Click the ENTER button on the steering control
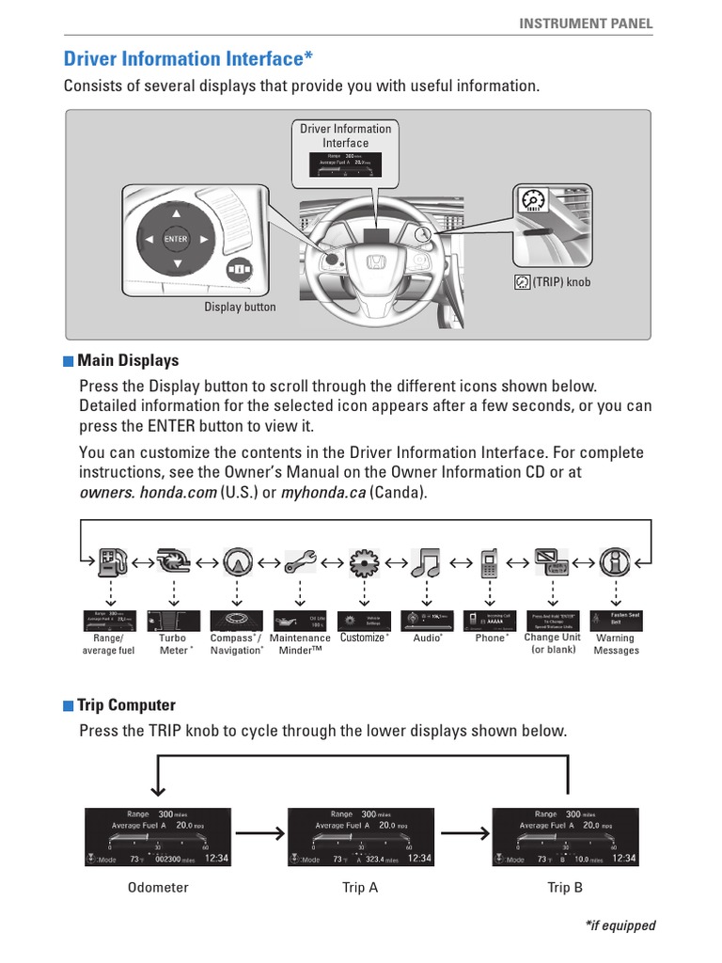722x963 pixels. click(x=176, y=239)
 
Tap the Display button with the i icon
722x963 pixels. click(x=239, y=269)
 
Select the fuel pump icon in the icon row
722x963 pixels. click(x=112, y=562)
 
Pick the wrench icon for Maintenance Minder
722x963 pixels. click(x=300, y=562)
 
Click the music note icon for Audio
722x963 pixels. click(x=426, y=562)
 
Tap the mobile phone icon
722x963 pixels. click(x=489, y=562)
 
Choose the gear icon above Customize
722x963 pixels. click(x=363, y=562)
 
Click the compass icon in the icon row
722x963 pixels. click(x=237, y=562)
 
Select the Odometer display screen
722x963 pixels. click(x=157, y=837)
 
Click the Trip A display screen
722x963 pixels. click(x=360, y=837)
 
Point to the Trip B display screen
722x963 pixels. click(x=565, y=837)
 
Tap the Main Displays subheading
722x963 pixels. click(x=128, y=361)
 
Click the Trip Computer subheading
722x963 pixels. click(x=126, y=705)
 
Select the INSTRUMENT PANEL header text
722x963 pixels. click(x=586, y=24)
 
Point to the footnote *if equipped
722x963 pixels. click(x=620, y=925)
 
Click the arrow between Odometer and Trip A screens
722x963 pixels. click(x=259, y=831)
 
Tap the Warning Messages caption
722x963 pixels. click(x=616, y=643)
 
